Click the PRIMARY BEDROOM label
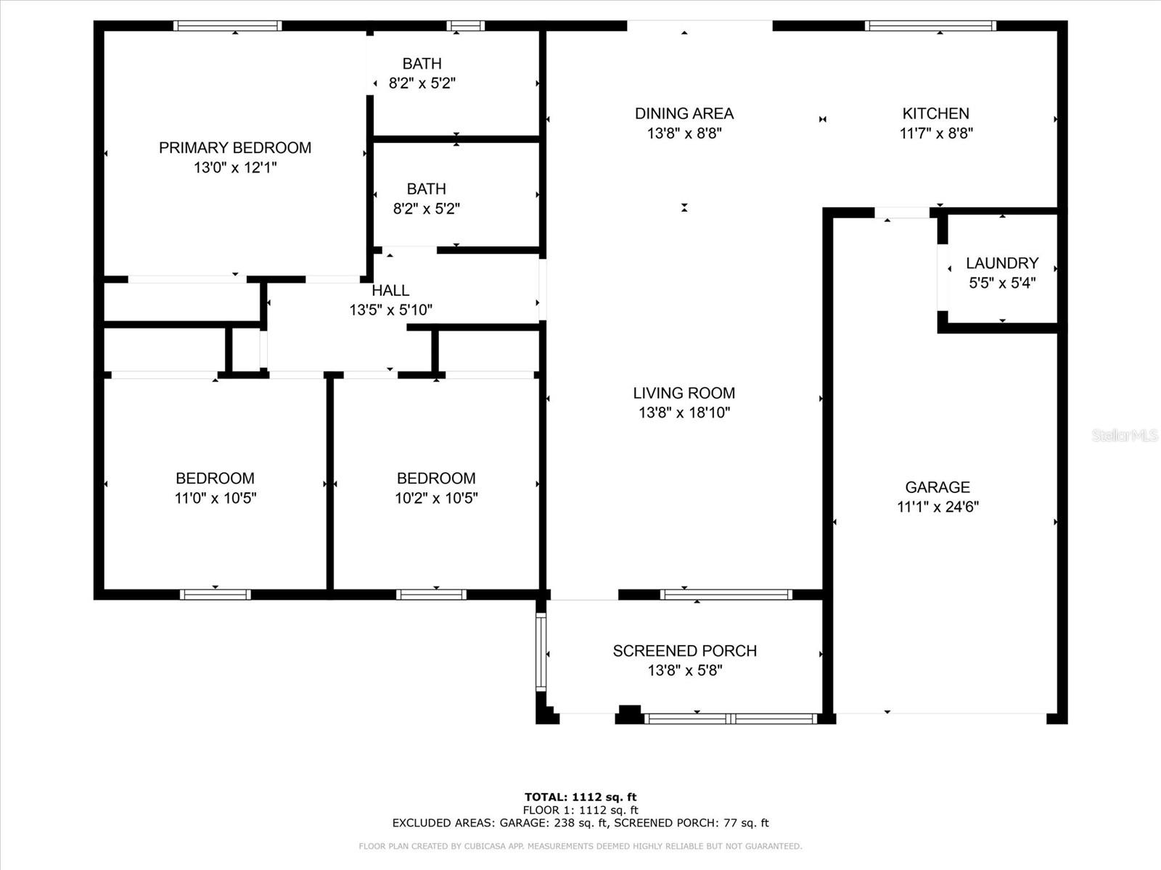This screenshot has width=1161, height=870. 235,148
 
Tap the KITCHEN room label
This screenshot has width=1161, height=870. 935,114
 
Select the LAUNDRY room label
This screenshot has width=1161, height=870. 1002,263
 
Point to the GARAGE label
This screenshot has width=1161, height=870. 938,487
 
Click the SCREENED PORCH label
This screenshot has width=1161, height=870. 684,651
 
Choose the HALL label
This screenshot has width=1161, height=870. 390,291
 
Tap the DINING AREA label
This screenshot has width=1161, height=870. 684,114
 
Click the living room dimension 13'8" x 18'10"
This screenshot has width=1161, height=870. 684,413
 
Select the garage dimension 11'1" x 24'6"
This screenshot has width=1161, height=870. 938,507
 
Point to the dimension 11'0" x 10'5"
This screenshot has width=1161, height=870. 216,498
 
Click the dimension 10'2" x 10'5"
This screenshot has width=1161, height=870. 436,498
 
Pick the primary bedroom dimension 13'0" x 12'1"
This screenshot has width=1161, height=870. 235,168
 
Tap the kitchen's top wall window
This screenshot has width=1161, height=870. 930,26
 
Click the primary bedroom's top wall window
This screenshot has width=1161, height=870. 227,26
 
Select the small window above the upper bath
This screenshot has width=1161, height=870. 465,26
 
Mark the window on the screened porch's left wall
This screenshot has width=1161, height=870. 541,652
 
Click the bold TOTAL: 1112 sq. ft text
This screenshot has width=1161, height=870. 580,797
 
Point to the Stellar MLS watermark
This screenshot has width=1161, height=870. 1125,435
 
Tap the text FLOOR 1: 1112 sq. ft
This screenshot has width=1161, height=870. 580,811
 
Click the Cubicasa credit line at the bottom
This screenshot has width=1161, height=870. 580,846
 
